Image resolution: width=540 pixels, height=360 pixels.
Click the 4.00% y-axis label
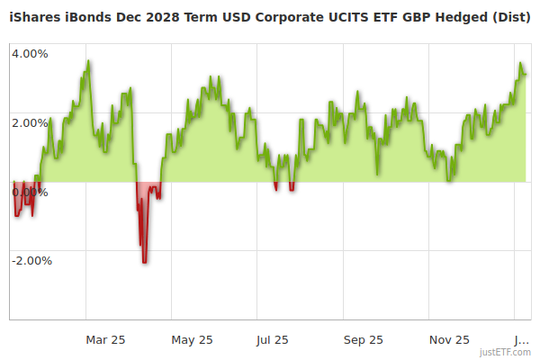[30, 53]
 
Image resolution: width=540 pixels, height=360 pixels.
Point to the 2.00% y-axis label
[30, 122]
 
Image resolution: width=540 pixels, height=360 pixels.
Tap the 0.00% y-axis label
[30, 192]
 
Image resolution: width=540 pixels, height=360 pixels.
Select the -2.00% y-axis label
[31, 261]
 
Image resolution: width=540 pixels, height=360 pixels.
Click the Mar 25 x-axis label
[105, 339]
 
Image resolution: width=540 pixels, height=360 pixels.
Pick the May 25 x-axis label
[192, 339]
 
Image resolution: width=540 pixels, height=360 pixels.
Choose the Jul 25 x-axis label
[272, 339]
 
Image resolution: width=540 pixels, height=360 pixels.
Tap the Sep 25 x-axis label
[364, 339]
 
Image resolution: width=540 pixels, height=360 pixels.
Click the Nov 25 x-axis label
[449, 339]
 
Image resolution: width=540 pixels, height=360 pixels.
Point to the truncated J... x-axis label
[521, 339]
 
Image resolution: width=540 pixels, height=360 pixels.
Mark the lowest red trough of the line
[144, 262]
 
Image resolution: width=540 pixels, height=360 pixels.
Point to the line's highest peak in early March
[88, 61]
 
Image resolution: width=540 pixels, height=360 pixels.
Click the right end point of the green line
[526, 75]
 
